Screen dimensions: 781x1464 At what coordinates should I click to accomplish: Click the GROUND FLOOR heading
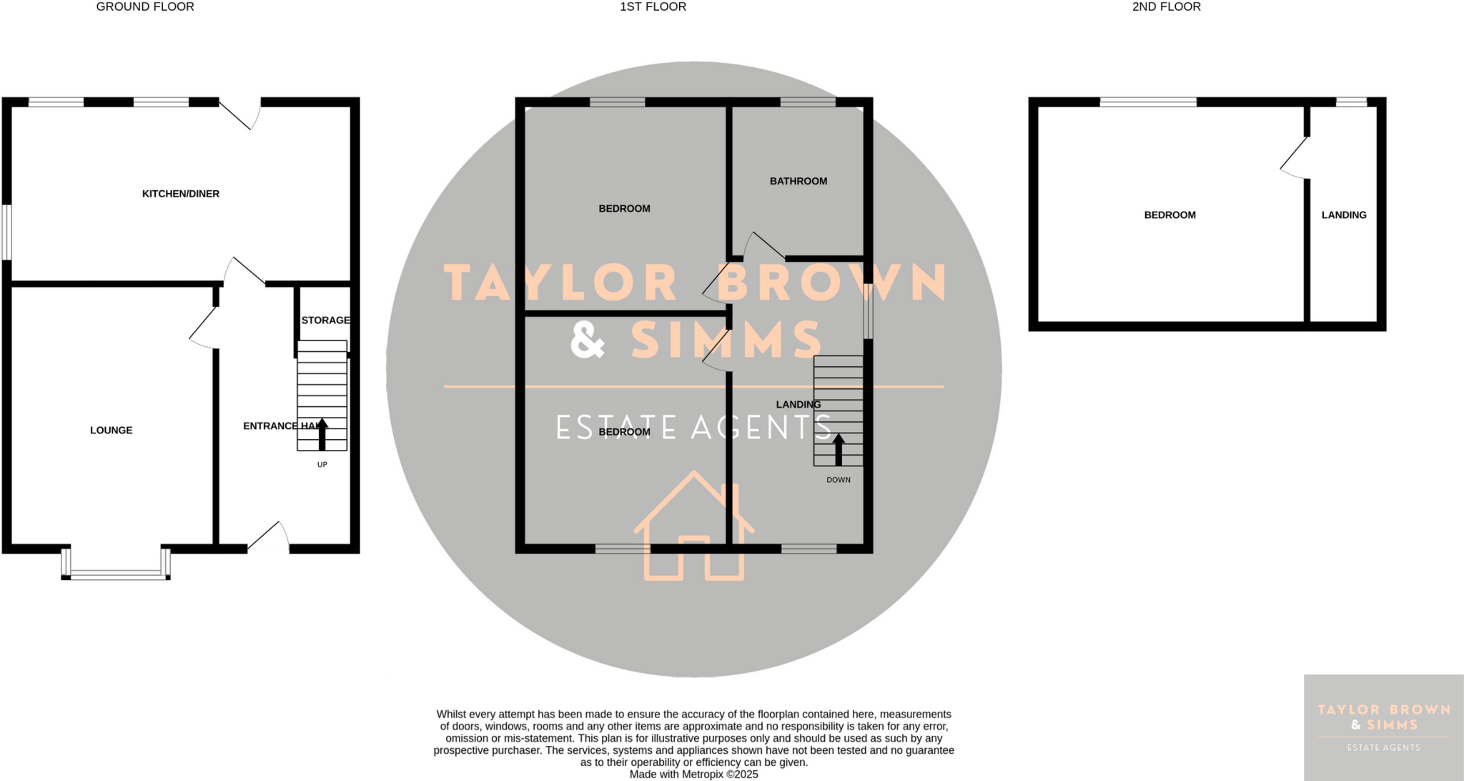click(x=145, y=7)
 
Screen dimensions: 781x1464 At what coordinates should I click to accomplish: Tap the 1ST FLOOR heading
click(x=653, y=7)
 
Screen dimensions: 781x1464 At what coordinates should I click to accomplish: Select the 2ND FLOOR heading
click(x=1167, y=7)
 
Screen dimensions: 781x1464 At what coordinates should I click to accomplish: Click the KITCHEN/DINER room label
click(x=181, y=194)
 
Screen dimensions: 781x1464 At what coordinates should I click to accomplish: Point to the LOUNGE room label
click(x=112, y=431)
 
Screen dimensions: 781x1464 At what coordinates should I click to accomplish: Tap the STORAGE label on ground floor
click(x=326, y=320)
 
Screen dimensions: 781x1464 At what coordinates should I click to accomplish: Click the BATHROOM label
click(x=798, y=182)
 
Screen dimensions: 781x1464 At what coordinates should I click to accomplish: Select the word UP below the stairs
click(x=322, y=465)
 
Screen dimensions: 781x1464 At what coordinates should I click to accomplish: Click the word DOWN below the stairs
click(x=839, y=480)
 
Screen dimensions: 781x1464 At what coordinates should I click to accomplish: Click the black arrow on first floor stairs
click(x=839, y=449)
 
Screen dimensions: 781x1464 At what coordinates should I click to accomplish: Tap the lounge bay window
click(x=117, y=573)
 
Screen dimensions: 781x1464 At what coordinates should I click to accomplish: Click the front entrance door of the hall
click(x=269, y=537)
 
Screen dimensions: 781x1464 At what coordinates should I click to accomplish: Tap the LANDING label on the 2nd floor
click(x=1344, y=215)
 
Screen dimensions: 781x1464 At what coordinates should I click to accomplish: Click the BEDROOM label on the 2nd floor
click(x=1170, y=215)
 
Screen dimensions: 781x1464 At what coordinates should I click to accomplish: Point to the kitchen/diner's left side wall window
click(x=6, y=232)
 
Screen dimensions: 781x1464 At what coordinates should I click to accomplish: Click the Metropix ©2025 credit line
click(x=693, y=775)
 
